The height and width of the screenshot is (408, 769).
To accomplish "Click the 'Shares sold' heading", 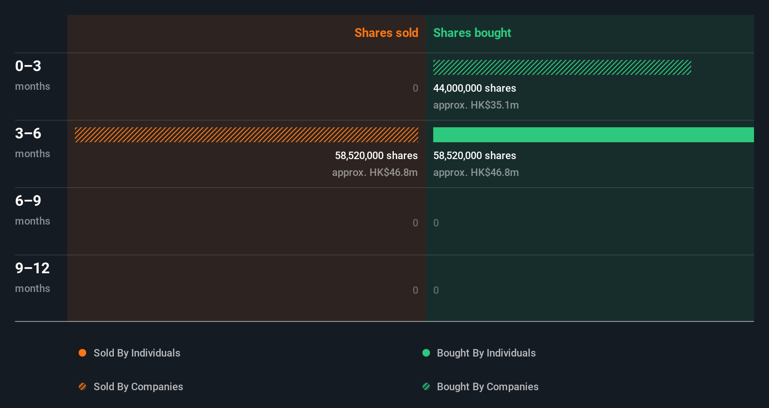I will (x=386, y=33).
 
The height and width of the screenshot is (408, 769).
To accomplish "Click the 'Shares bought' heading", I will (x=472, y=33).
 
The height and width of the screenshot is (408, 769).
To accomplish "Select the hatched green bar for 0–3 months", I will (x=562, y=67).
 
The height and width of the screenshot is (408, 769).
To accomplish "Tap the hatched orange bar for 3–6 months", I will (x=246, y=135).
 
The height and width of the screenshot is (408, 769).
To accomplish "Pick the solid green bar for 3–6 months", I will (x=593, y=135).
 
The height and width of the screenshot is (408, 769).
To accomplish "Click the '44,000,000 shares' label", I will (x=474, y=88).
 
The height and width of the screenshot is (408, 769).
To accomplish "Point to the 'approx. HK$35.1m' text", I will (x=476, y=105).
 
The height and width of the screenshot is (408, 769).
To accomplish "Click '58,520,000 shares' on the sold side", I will (x=376, y=155).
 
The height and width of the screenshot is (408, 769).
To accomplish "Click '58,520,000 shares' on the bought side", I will (x=474, y=155).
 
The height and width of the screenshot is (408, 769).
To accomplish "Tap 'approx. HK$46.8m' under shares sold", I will (x=375, y=172).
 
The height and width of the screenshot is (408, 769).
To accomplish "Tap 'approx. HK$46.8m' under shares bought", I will (x=476, y=172).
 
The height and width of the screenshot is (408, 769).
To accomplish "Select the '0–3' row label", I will (x=28, y=66).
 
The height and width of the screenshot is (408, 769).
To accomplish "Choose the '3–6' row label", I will (x=28, y=133).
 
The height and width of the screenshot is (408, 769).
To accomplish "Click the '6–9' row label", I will (x=28, y=201).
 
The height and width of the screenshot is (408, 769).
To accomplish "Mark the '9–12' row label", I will (x=32, y=268).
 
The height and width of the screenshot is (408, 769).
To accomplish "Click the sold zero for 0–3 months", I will (x=415, y=88).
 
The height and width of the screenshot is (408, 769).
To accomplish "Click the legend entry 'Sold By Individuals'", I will (x=136, y=353).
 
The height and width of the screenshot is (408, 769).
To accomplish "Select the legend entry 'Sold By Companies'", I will (x=138, y=386).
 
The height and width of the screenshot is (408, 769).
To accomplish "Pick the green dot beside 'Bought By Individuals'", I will (x=426, y=353).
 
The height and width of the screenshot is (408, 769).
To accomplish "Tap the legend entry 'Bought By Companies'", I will (x=487, y=386).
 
